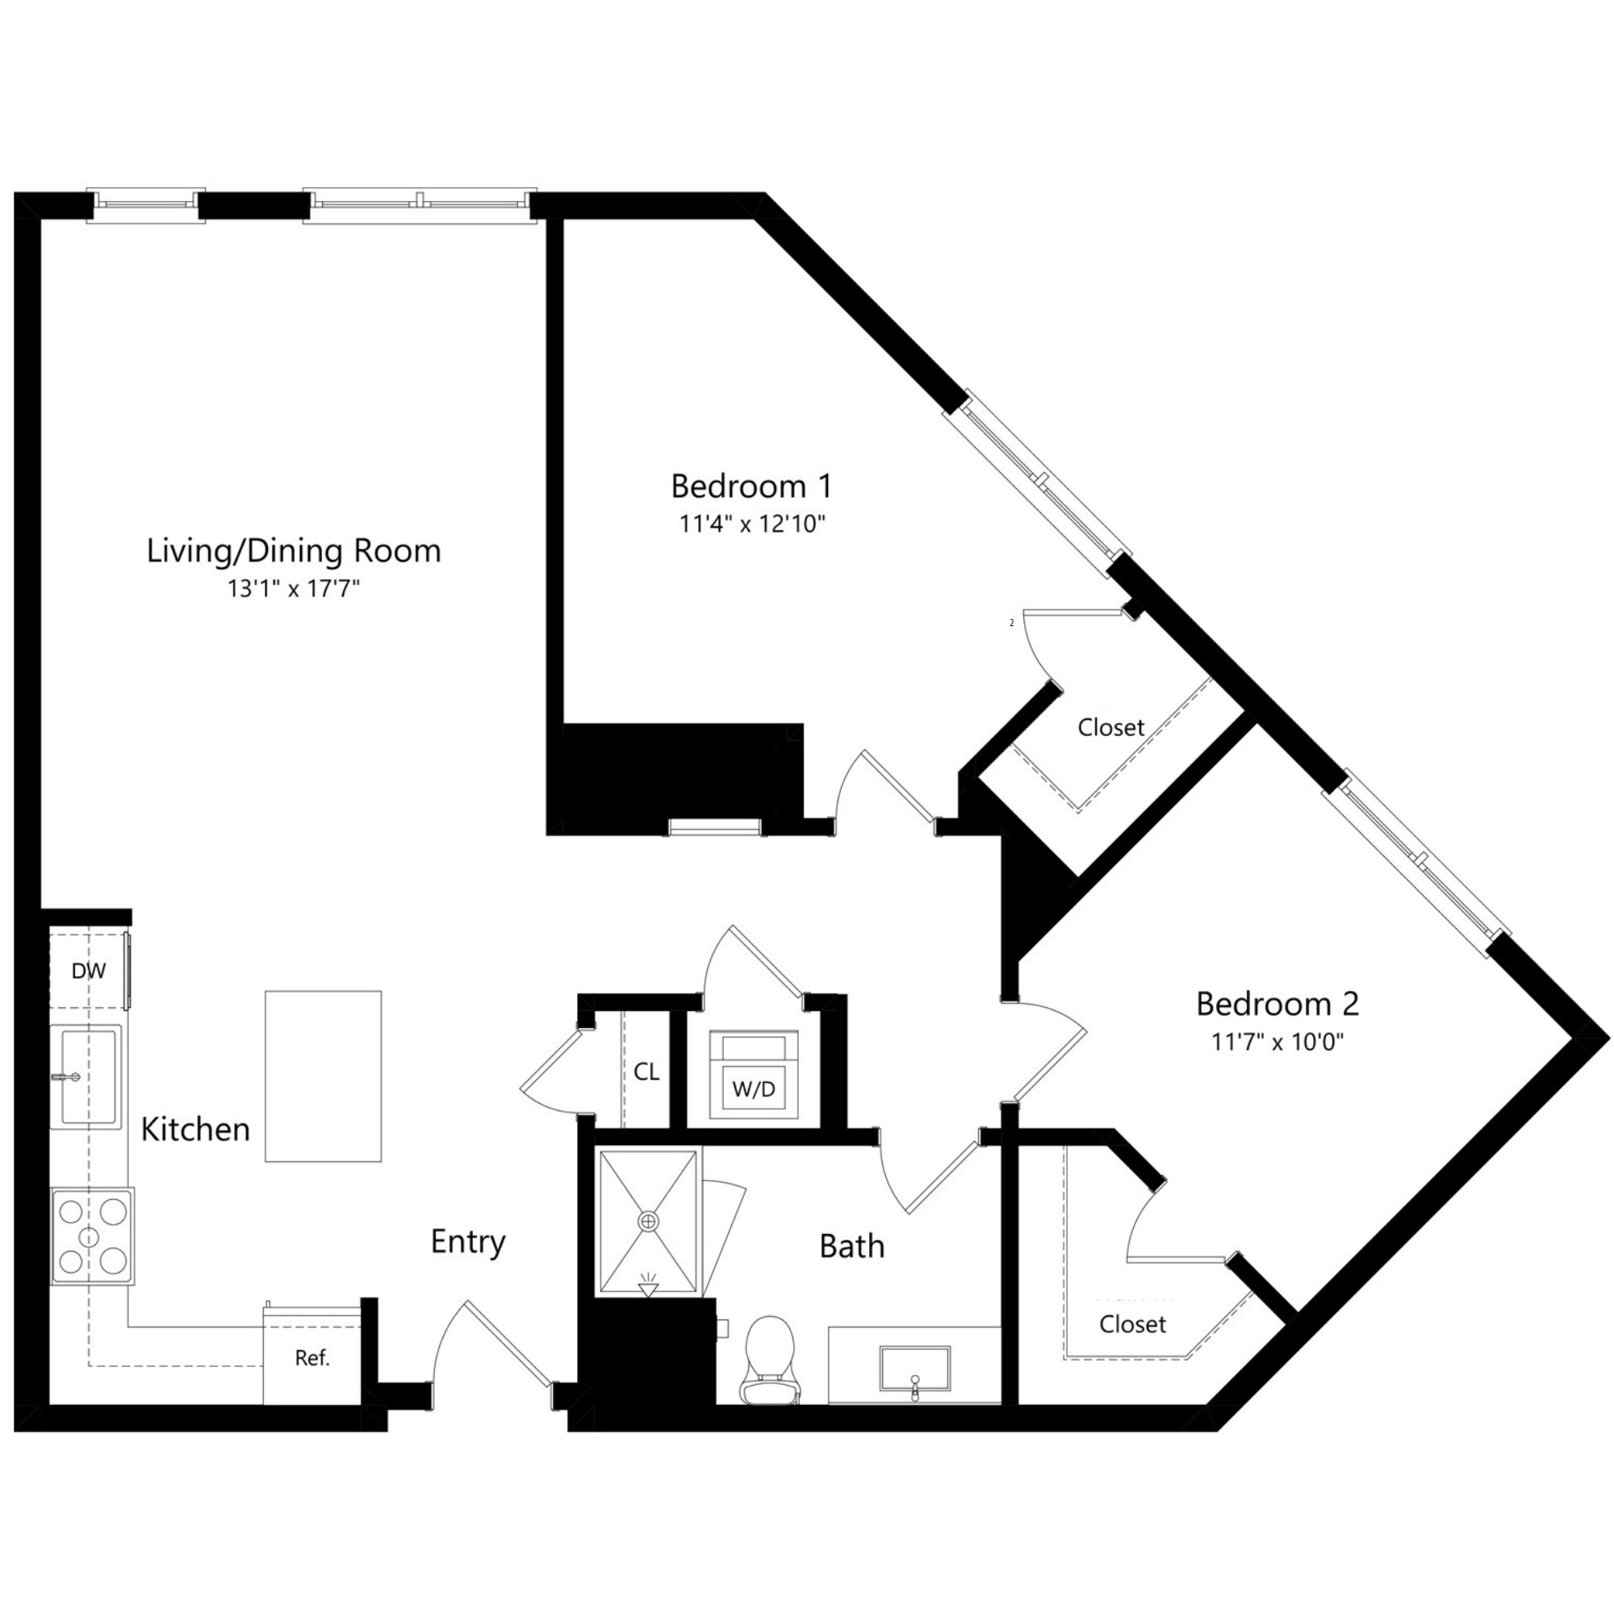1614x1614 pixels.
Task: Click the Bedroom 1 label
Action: click(x=751, y=486)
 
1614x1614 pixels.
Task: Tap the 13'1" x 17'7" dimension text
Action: click(x=293, y=589)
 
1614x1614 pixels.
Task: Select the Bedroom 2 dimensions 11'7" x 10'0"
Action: click(x=1277, y=1042)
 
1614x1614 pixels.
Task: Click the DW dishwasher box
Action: click(x=89, y=971)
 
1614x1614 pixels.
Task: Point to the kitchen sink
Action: click(x=88, y=1077)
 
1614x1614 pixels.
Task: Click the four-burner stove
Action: click(x=92, y=1236)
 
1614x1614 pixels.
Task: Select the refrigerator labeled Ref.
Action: click(x=312, y=1357)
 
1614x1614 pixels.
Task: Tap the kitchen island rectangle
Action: click(x=324, y=1076)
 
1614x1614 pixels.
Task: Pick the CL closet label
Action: click(x=646, y=1072)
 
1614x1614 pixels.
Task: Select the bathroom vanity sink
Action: click(x=915, y=1369)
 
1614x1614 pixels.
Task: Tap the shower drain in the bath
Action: click(x=648, y=1221)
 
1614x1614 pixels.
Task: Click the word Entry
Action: click(x=468, y=1242)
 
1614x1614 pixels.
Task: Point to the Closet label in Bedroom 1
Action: click(x=1110, y=728)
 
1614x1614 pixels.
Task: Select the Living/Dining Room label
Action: click(x=293, y=551)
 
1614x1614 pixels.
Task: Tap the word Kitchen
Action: click(x=195, y=1130)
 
